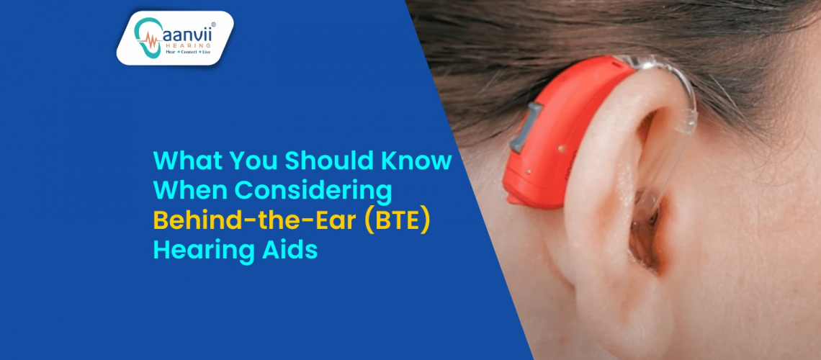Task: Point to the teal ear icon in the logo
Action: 147,37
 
